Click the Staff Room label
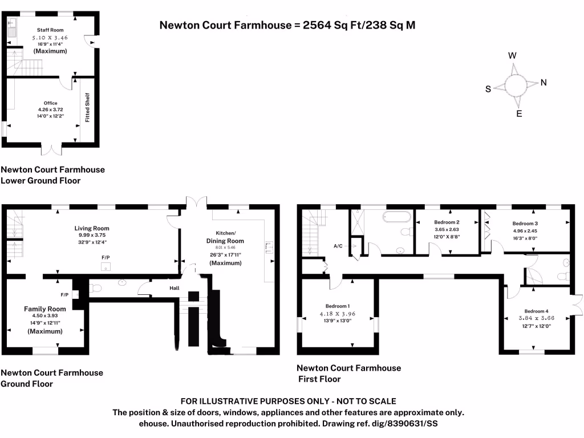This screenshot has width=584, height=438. point(50,30)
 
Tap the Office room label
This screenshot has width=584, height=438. point(50,103)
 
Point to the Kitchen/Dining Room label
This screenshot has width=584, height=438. point(225,237)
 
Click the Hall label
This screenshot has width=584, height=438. point(174,288)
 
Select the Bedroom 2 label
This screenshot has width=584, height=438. point(447,222)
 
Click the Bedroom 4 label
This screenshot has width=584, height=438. point(536,311)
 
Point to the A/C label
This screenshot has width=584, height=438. point(339,246)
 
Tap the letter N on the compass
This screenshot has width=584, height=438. point(544,83)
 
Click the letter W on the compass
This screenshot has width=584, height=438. point(512,55)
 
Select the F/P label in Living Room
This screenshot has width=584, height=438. point(106,258)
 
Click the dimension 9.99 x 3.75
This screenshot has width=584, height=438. point(92,235)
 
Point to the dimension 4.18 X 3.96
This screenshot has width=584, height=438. point(338,313)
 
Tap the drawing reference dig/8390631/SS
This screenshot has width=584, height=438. point(397,424)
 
